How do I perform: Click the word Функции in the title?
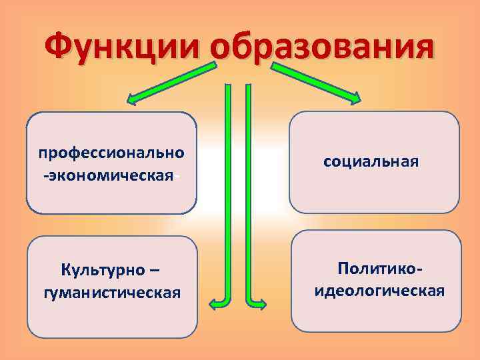click(x=123, y=48)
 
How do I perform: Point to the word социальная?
click(x=371, y=161)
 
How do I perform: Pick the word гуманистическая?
click(x=111, y=293)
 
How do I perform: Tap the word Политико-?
click(x=380, y=268)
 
